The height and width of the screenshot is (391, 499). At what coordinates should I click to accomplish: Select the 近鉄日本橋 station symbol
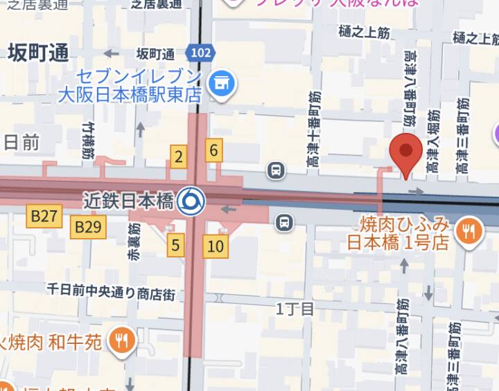pyautogui.click(x=189, y=201)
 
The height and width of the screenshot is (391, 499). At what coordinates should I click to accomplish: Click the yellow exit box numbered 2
pyautogui.click(x=179, y=156)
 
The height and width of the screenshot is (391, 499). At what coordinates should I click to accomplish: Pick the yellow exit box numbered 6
pyautogui.click(x=213, y=149)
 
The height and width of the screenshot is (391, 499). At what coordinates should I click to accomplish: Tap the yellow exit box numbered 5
pyautogui.click(x=176, y=244)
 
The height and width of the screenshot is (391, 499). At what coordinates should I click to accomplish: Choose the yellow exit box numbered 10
pyautogui.click(x=216, y=245)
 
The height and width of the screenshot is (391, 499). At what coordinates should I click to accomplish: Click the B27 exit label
pyautogui.click(x=44, y=217)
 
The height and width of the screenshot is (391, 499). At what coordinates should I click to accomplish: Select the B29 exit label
pyautogui.click(x=89, y=226)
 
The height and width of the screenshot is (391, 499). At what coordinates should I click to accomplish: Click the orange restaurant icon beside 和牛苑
pyautogui.click(x=124, y=339)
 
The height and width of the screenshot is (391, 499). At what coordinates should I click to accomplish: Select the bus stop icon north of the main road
pyautogui.click(x=276, y=170)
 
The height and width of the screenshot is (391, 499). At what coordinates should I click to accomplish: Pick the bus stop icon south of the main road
pyautogui.click(x=283, y=222)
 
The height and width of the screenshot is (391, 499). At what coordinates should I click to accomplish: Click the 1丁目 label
pyautogui.click(x=295, y=309)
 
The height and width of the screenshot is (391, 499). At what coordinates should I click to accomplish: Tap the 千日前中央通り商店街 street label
pyautogui.click(x=111, y=291)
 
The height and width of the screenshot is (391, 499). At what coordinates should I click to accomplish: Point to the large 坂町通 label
pyautogui.click(x=39, y=53)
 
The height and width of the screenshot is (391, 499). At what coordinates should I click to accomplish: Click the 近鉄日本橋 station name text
pyautogui.click(x=128, y=201)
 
